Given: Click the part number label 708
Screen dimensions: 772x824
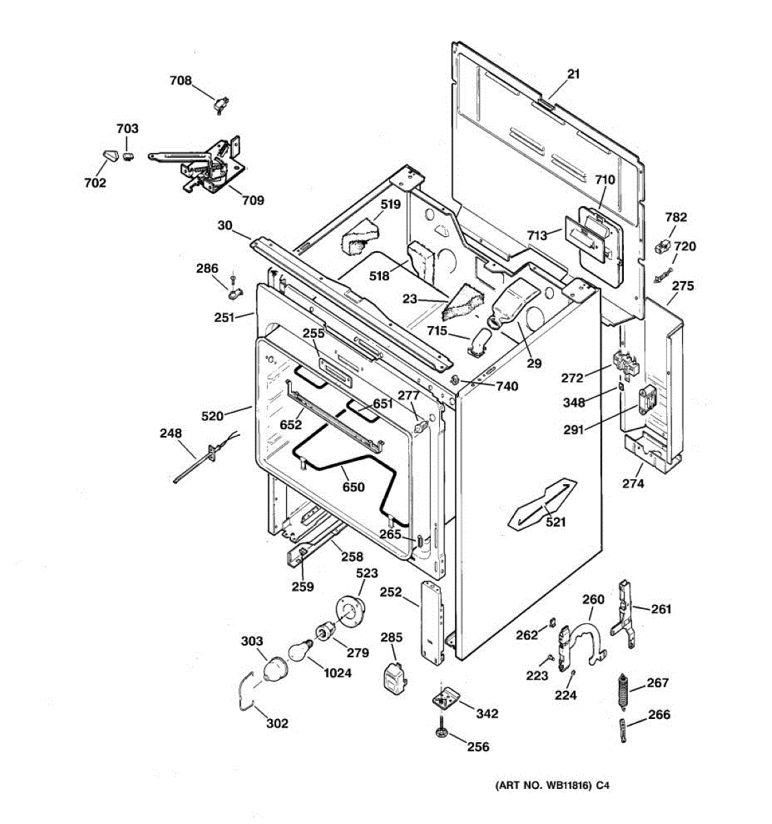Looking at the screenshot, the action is [x=181, y=80].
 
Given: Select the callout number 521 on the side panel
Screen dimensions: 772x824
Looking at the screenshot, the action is [x=555, y=522].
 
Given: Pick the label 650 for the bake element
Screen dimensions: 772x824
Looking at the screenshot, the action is [x=353, y=487].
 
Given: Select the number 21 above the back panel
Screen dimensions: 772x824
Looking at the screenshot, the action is [x=573, y=74].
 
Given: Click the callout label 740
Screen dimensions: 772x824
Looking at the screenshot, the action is [x=507, y=387].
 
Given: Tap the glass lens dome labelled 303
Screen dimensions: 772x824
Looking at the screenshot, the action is [x=274, y=669].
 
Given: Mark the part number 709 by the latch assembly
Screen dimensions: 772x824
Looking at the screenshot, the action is [x=253, y=201].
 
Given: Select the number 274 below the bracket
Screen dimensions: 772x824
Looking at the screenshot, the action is [x=633, y=483].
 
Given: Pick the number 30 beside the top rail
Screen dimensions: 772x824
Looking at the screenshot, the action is [x=225, y=225].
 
